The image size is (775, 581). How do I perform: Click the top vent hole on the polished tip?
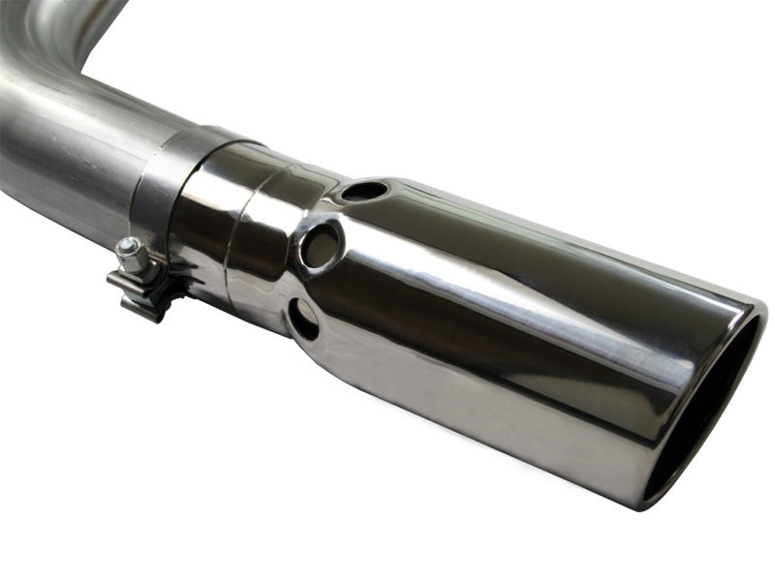(365, 191)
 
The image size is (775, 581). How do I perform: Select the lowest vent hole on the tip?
(303, 319)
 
